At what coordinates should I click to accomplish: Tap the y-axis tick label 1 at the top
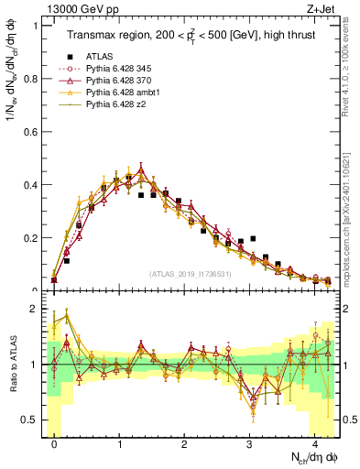[35, 26]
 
